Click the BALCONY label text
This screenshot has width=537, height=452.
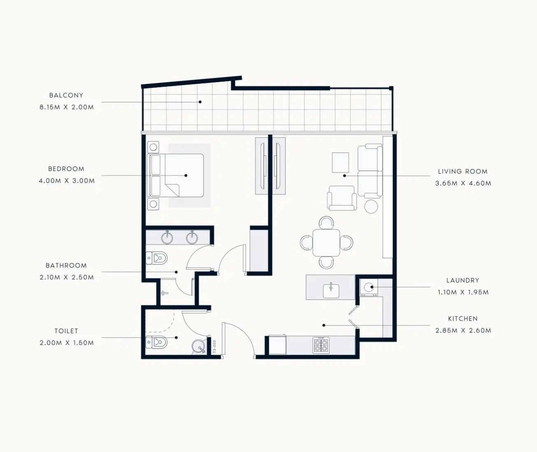click(66, 95)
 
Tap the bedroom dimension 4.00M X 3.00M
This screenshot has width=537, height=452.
click(67, 181)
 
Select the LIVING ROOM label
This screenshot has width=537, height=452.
click(463, 171)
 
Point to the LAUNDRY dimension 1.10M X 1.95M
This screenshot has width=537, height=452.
click(463, 292)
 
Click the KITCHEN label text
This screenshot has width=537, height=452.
click(463, 319)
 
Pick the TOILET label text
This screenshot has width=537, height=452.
click(66, 331)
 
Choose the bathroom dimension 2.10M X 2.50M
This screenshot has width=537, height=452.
click(67, 277)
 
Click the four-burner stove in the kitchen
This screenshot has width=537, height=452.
click(321, 346)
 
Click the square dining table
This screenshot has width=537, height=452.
click(326, 243)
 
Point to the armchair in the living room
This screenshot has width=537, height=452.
click(342, 198)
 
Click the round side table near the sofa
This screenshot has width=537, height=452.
click(371, 206)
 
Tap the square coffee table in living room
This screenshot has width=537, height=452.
click(341, 163)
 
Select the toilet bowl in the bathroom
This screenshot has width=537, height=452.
click(157, 258)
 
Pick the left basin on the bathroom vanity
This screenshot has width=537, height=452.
click(167, 238)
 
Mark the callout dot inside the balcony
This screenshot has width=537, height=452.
click(200, 102)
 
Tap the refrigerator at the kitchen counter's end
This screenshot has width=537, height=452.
click(277, 345)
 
